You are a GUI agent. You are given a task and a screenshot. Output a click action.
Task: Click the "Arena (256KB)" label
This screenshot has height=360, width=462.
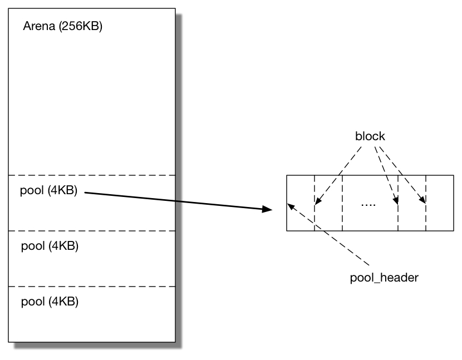pyautogui.click(x=62, y=27)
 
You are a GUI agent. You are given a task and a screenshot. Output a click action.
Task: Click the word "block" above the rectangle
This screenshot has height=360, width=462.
pyautogui.click(x=370, y=136)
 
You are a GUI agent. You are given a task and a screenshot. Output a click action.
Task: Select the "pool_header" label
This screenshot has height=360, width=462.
pyautogui.click(x=384, y=277)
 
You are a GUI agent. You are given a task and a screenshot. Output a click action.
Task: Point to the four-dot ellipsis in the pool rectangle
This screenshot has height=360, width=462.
pyautogui.click(x=368, y=204)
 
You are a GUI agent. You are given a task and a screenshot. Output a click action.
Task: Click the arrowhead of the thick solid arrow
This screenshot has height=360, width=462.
pyautogui.click(x=267, y=209)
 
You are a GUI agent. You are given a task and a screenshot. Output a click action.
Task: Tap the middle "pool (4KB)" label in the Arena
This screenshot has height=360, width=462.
pyautogui.click(x=49, y=245)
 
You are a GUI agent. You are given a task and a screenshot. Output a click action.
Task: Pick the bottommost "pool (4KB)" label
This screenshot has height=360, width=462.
pyautogui.click(x=49, y=302)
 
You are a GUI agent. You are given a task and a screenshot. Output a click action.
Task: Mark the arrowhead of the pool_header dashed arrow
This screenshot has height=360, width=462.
pyautogui.click(x=291, y=206)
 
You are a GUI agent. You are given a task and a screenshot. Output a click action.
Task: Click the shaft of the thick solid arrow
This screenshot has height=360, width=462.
pyautogui.click(x=173, y=200)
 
